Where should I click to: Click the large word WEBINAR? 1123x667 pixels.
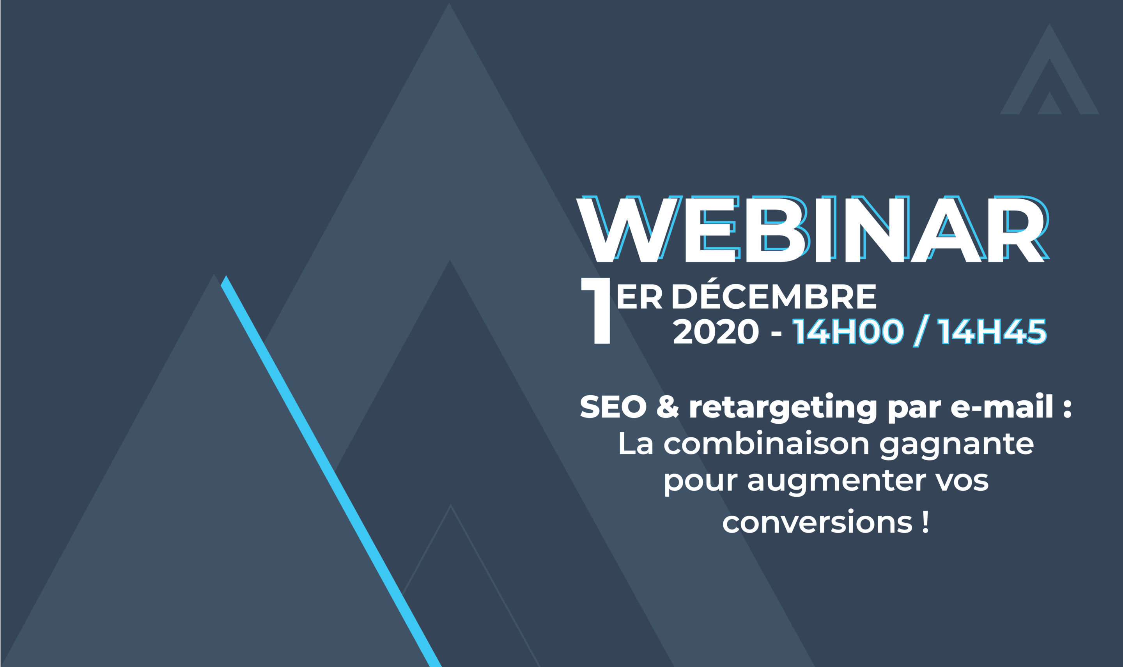813,229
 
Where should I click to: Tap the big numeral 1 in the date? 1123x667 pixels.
596,311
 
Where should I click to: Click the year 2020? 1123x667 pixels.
716,331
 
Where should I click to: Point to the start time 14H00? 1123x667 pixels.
848,331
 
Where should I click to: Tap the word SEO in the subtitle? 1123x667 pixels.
613,406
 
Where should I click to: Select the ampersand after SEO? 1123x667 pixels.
668,406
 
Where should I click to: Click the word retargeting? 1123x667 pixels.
783,408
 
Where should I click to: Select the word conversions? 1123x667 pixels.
817,522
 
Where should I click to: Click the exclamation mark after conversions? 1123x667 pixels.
925,521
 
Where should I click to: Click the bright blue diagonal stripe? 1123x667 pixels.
331,471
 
